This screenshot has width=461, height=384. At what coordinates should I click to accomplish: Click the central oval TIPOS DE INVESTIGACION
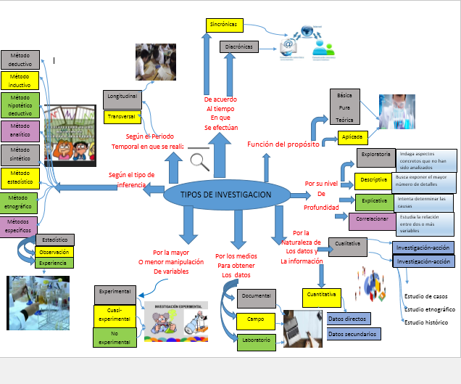point(228,195)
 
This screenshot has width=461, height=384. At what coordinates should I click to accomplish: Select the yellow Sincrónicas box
point(223,25)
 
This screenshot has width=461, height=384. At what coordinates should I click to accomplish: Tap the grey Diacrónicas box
point(239,47)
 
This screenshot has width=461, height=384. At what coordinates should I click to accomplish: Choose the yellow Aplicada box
point(353,136)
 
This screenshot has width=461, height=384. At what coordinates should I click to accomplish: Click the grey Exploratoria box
point(375,155)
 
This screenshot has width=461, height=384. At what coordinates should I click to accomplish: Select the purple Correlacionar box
point(372,219)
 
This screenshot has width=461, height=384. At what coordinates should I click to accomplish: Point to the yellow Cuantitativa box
point(321,295)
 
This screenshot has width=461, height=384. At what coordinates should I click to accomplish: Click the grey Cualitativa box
point(348,244)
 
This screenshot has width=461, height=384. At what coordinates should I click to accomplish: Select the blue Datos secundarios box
point(353,335)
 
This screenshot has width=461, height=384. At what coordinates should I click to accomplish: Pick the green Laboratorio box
point(257,341)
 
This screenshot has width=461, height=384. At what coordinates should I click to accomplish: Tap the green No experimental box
point(115,336)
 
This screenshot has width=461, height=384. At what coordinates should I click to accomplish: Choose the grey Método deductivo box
point(20,60)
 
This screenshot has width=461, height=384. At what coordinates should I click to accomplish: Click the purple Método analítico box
point(20,130)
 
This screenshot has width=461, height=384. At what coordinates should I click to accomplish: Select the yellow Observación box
point(54,252)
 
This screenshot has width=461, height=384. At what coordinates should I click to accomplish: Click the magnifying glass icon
point(199,161)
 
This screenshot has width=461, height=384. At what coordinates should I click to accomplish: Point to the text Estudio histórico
point(427,322)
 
